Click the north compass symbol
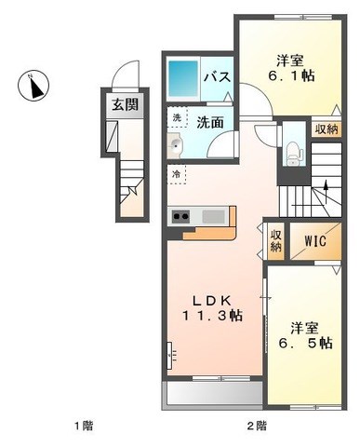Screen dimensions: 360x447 (x=33, y=86)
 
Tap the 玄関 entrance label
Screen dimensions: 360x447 (x=125, y=104)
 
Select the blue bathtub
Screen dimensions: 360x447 (x=183, y=78)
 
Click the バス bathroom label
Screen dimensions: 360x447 (x=218, y=76)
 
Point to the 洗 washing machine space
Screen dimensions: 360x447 (x=177, y=117)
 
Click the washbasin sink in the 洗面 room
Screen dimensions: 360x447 (x=176, y=145)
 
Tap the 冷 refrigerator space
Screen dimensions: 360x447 (x=177, y=174)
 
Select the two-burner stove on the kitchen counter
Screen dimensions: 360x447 (x=180, y=216)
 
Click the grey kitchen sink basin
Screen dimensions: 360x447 (x=213, y=216)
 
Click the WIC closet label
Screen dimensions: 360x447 (x=315, y=240)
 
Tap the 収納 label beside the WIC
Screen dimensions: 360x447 (x=275, y=241)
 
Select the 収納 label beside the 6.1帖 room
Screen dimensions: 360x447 (x=327, y=129)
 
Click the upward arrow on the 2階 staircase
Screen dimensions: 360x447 (x=326, y=192)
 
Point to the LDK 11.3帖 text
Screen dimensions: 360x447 (x=212, y=307)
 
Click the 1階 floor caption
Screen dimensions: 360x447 (x=84, y=426)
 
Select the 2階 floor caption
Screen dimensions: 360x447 (x=257, y=426)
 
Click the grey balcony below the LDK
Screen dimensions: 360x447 (x=213, y=394)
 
